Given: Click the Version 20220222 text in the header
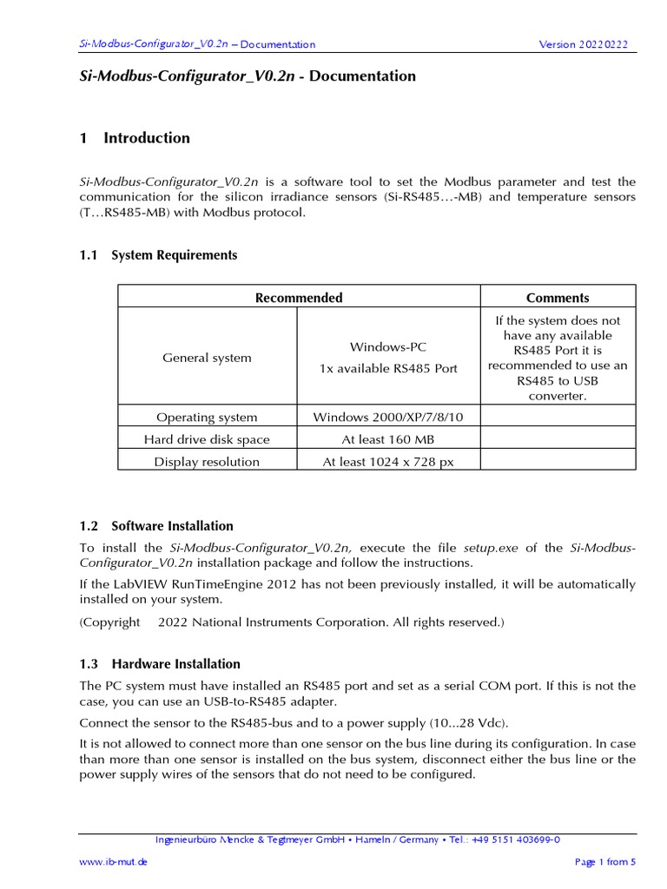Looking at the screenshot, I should (583, 44).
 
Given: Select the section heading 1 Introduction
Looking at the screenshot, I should (135, 138).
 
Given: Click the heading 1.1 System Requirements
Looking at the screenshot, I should (158, 255).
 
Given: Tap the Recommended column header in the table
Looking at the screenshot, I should (299, 298).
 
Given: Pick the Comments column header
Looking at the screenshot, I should (558, 298).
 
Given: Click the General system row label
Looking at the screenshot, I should (208, 358).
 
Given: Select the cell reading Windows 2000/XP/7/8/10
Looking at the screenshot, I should (388, 417).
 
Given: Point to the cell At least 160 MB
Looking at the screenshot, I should (388, 439).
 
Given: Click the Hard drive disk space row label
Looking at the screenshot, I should (207, 439).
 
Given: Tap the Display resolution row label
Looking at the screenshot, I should (207, 462).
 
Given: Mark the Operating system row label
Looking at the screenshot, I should (207, 417).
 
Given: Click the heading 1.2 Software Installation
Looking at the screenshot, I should (156, 526).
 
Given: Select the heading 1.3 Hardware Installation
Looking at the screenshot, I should (160, 664).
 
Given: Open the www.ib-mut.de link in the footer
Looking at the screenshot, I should (113, 862).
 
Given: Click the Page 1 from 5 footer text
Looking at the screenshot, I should (605, 862).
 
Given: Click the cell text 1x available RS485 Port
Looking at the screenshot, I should (388, 368).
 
